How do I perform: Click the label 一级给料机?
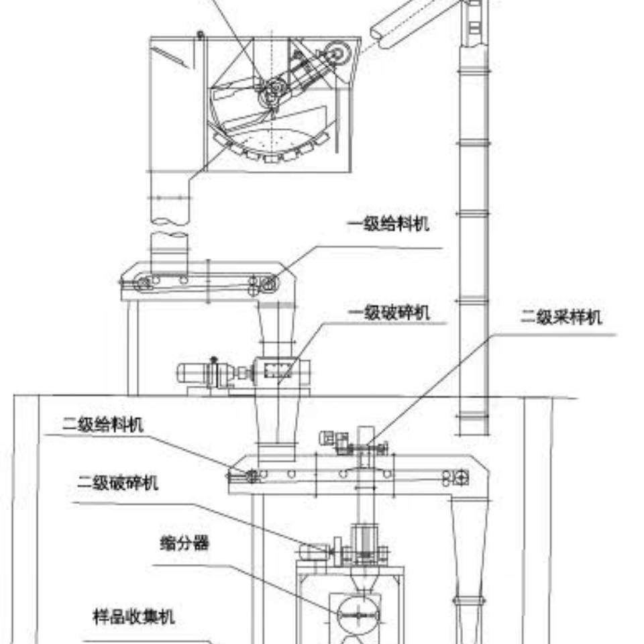pos(387,224)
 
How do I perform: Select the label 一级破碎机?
pos(387,313)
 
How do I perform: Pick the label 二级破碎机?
pos(117,482)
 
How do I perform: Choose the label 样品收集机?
pos(133,616)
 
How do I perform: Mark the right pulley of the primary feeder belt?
pos(267,283)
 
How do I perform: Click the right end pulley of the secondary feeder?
pos(462,478)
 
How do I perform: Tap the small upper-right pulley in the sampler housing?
pos(335,52)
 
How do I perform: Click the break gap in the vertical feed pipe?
pos(168,228)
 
